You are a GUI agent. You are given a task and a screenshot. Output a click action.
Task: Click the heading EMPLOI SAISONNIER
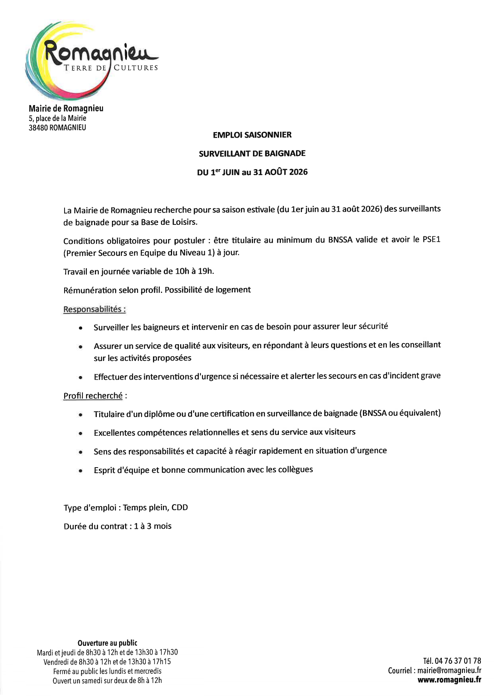(x=252, y=135)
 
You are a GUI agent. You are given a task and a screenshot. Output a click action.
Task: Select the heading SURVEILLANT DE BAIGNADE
(x=252, y=154)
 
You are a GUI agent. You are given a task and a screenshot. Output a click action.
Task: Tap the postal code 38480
(x=38, y=128)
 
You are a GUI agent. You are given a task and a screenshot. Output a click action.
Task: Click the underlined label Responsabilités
(x=94, y=309)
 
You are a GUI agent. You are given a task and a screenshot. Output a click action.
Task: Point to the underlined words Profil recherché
(x=93, y=396)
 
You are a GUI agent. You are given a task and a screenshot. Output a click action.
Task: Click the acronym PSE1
(x=431, y=240)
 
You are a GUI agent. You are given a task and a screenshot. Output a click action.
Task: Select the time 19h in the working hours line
(x=206, y=271)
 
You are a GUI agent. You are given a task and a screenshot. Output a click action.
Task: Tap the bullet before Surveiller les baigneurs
(x=80, y=328)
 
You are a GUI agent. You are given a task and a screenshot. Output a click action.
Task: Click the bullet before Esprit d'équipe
(x=80, y=471)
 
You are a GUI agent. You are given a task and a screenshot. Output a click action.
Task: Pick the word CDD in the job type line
(x=180, y=507)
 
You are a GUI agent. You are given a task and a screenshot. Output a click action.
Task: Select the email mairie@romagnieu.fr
(x=449, y=671)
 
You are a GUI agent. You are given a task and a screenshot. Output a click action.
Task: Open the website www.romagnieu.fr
(x=449, y=680)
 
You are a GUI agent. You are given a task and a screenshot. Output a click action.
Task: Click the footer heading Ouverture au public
(x=107, y=643)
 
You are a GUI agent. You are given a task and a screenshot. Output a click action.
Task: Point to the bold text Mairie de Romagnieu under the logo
(x=66, y=108)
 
